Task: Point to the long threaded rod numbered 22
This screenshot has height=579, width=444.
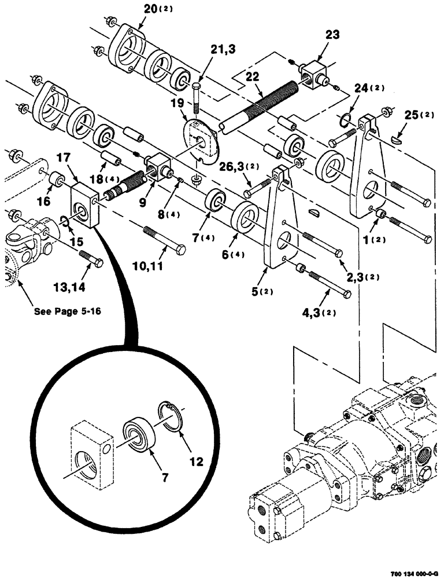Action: (260, 107)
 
